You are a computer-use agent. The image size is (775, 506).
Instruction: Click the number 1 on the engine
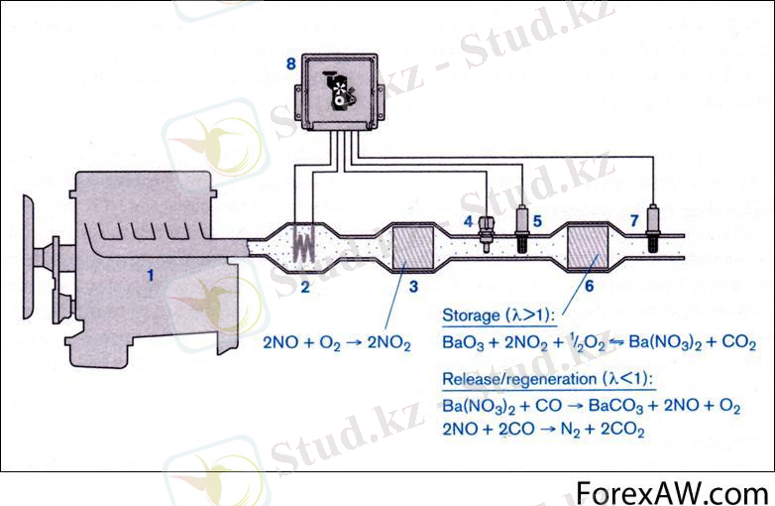[x=151, y=276]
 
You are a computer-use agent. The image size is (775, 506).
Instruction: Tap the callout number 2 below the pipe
[x=306, y=289]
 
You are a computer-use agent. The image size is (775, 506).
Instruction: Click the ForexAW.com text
[x=673, y=491]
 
